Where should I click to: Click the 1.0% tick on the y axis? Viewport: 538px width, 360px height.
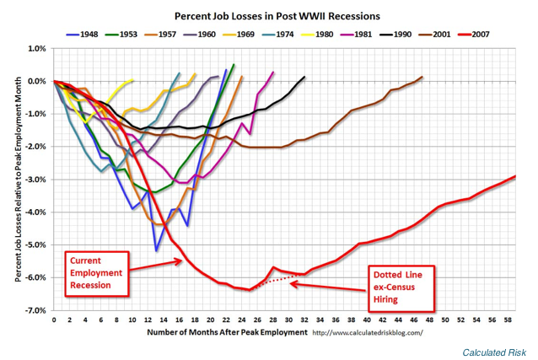click(36, 49)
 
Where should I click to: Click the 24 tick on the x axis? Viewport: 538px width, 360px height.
click(241, 320)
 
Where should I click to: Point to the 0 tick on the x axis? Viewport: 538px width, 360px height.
click(53, 320)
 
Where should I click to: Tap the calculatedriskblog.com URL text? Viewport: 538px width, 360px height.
click(368, 333)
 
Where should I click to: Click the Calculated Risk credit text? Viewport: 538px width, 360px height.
click(495, 351)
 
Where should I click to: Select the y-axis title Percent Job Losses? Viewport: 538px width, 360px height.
click(19, 179)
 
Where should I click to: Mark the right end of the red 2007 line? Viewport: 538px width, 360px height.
click(515, 176)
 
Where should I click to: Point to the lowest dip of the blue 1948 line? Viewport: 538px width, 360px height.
click(156, 250)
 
